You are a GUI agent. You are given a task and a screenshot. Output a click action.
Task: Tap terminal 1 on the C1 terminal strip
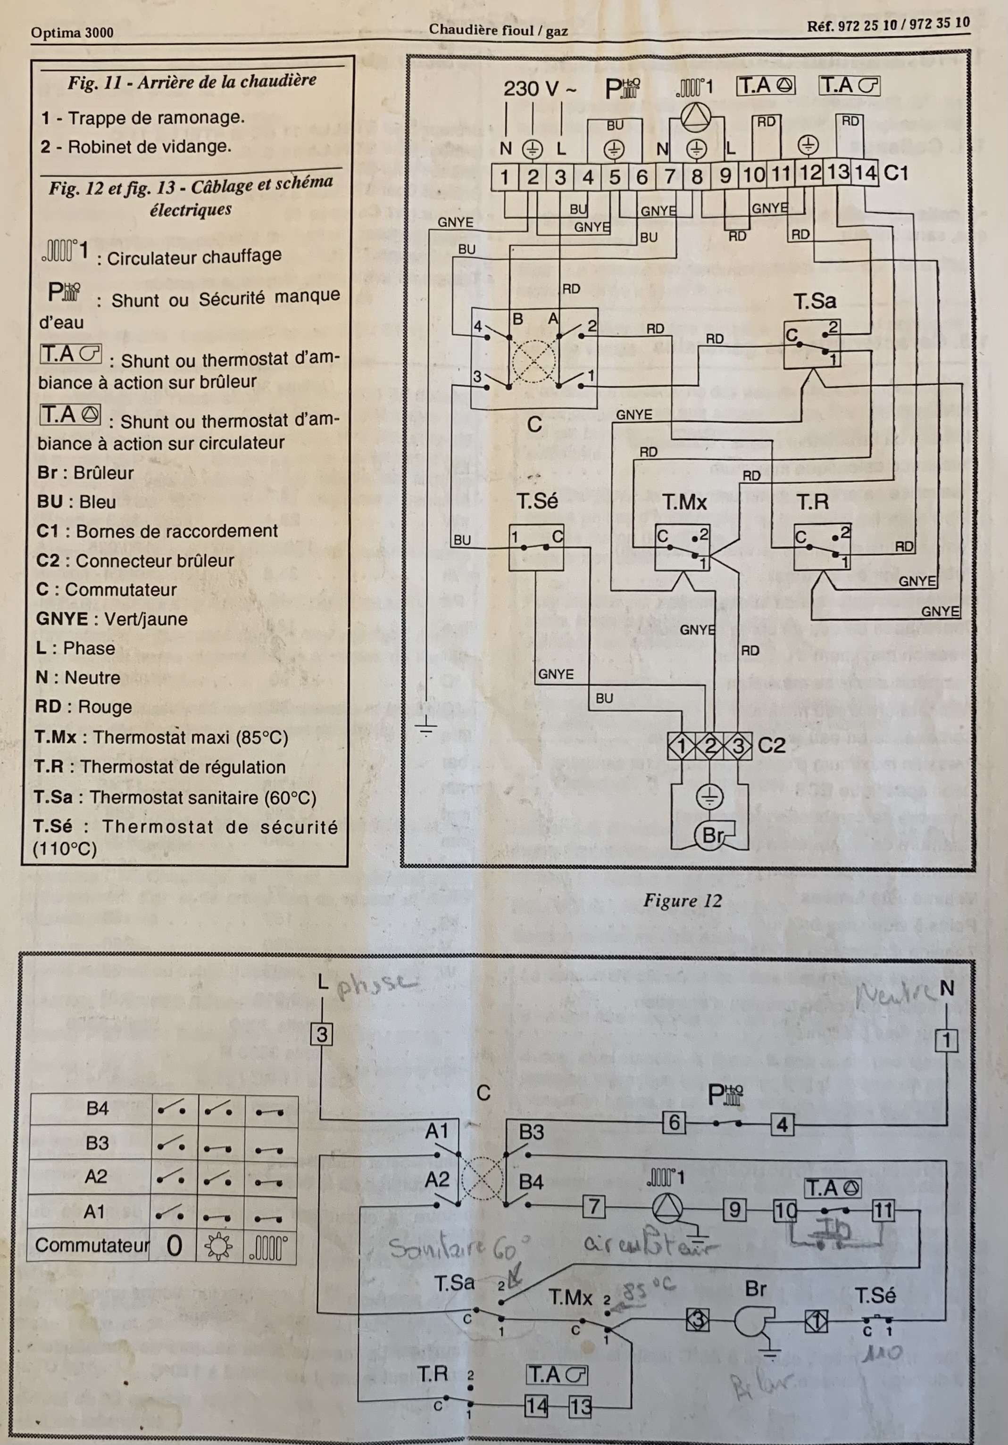(504, 177)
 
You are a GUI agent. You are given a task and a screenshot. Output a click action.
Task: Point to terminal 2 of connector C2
(710, 746)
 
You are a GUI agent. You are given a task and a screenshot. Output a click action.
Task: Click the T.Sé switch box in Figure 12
(536, 547)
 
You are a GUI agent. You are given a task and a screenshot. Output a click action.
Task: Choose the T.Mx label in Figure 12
(684, 502)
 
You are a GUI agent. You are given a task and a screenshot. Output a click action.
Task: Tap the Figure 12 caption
(682, 900)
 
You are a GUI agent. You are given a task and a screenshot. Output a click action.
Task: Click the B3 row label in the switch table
(97, 1143)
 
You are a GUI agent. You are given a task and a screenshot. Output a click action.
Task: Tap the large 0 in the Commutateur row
(175, 1246)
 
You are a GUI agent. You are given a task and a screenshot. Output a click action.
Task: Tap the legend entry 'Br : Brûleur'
(85, 473)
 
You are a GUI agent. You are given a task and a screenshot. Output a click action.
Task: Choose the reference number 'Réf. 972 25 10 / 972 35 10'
(888, 25)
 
